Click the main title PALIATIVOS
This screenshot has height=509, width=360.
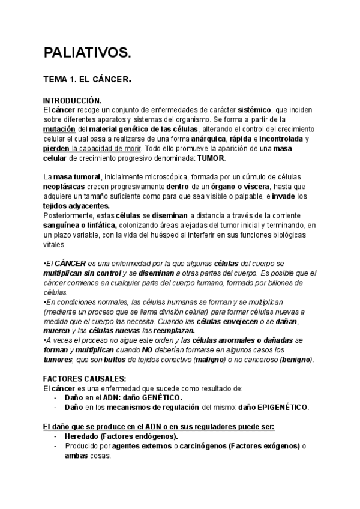pyautogui.click(x=86, y=53)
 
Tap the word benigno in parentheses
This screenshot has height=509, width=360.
pyautogui.click(x=294, y=359)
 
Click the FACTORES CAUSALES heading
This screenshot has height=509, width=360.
pyautogui.click(x=85, y=379)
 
